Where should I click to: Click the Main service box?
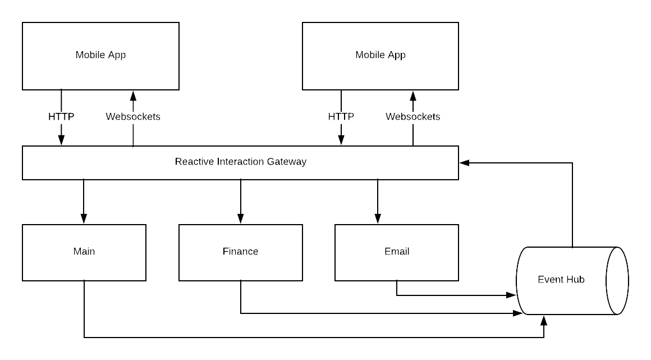(x=84, y=253)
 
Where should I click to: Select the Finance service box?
(x=240, y=253)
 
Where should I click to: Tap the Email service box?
(x=397, y=253)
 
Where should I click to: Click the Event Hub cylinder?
(x=572, y=281)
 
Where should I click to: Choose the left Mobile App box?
(x=100, y=56)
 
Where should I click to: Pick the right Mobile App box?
(x=380, y=56)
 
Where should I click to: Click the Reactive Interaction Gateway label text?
(x=240, y=162)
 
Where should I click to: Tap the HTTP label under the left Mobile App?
(x=61, y=116)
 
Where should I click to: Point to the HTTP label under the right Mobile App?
(x=341, y=116)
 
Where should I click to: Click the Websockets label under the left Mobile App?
(x=133, y=116)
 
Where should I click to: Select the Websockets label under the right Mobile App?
(x=412, y=116)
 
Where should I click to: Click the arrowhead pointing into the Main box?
(x=84, y=218)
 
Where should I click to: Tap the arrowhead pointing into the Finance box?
(x=240, y=218)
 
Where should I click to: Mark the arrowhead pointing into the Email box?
(x=378, y=218)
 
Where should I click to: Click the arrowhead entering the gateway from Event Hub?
(x=465, y=163)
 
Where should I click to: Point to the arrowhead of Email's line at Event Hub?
(x=511, y=295)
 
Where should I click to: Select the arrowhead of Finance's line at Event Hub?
(x=518, y=313)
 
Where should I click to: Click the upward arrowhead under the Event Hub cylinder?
(x=544, y=321)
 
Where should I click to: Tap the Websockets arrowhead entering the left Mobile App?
(x=133, y=96)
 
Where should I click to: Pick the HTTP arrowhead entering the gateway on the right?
(x=341, y=140)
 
